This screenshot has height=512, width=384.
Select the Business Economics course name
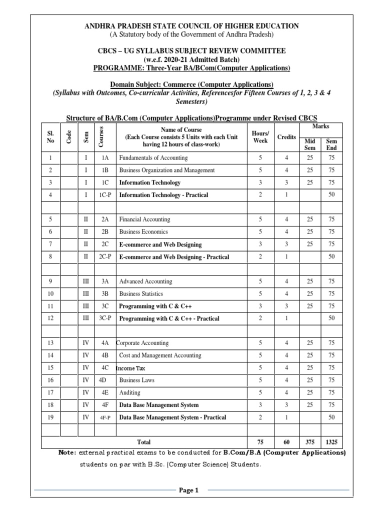[x=143, y=232]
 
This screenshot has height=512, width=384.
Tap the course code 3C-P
[x=105, y=318]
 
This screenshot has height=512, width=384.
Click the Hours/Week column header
[x=260, y=137]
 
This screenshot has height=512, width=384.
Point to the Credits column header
[x=286, y=137]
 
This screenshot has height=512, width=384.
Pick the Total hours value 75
[x=260, y=442]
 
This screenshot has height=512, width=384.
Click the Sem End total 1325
[x=331, y=442]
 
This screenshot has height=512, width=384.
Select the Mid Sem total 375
[x=310, y=442]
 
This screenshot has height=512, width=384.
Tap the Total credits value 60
[x=286, y=442]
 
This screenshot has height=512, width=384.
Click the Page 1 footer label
[x=189, y=490]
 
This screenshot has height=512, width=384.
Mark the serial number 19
[x=50, y=417]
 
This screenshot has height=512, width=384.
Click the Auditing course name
[x=129, y=392]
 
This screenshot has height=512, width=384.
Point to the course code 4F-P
[x=105, y=417]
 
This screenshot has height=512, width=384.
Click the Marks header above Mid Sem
[x=320, y=127]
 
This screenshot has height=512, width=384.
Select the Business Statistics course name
[x=141, y=294]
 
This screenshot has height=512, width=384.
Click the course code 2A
[x=105, y=219]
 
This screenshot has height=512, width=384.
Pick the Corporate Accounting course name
[x=142, y=343]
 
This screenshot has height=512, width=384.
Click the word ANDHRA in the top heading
[x=95, y=25]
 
